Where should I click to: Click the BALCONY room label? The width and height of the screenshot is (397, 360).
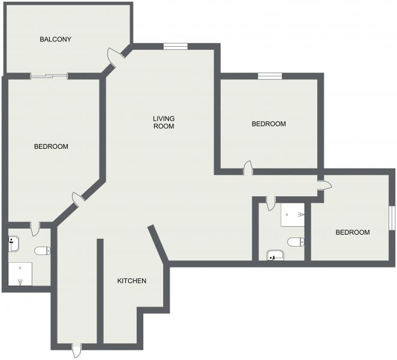pyautogui.click(x=55, y=39)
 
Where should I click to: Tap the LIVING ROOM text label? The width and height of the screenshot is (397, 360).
pyautogui.click(x=164, y=122)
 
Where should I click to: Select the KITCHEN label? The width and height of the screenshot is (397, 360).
pyautogui.click(x=132, y=281)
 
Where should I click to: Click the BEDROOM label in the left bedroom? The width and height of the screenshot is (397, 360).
pyautogui.click(x=51, y=146)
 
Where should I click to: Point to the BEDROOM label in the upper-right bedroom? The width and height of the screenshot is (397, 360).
pyautogui.click(x=269, y=124)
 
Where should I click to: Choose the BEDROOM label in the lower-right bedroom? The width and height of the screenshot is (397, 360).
pyautogui.click(x=353, y=232)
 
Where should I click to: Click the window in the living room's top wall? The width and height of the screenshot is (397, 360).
pyautogui.click(x=176, y=46)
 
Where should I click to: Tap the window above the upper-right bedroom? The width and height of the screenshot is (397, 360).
pyautogui.click(x=270, y=76)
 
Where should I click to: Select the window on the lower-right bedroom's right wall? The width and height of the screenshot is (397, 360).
pyautogui.click(x=392, y=218)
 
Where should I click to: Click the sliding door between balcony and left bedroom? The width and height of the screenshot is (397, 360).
pyautogui.click(x=49, y=76)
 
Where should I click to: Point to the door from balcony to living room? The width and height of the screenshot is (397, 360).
pyautogui.click(x=113, y=56)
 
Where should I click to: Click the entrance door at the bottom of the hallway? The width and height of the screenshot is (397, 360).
pyautogui.click(x=76, y=350)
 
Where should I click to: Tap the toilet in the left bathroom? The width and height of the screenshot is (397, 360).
pyautogui.click(x=43, y=251)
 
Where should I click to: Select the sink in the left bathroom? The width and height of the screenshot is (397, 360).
pyautogui.click(x=14, y=244)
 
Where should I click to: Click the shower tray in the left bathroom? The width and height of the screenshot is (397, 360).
pyautogui.click(x=20, y=274)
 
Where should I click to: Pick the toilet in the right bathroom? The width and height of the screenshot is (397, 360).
pyautogui.click(x=296, y=242)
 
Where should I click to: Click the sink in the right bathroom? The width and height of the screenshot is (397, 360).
pyautogui.click(x=275, y=256)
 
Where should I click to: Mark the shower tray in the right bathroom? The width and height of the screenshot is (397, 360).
pyautogui.click(x=293, y=215)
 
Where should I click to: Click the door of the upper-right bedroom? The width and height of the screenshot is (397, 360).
pyautogui.click(x=248, y=168)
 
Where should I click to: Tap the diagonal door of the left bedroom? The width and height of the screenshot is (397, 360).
pyautogui.click(x=77, y=197)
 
